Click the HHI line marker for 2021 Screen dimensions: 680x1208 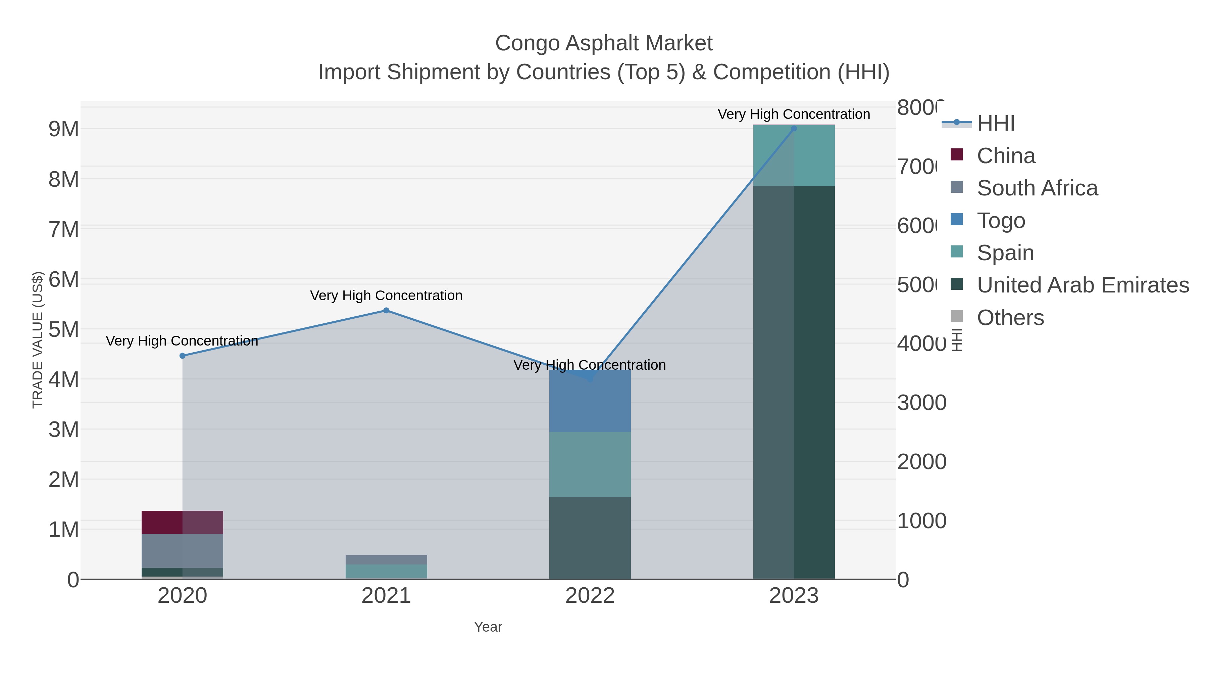click(386, 311)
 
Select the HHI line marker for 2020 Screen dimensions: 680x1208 click(183, 356)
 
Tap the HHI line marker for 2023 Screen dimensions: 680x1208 click(794, 129)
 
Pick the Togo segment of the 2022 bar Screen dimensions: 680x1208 click(590, 402)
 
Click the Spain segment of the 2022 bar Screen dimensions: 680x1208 click(590, 465)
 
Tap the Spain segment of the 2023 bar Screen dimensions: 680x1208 click(794, 156)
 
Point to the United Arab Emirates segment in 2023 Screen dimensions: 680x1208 click(794, 382)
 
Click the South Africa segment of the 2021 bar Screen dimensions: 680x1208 click(386, 560)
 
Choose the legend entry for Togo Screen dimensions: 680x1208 click(1001, 221)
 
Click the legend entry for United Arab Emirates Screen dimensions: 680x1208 click(1082, 285)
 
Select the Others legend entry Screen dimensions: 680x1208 click(1010, 318)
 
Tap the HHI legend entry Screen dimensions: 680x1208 click(996, 124)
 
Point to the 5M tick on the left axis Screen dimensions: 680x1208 click(64, 330)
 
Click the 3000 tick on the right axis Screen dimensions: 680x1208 click(921, 403)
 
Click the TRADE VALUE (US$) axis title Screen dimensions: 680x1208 click(38, 340)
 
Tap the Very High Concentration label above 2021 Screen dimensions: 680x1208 click(386, 296)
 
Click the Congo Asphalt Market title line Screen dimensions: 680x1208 click(604, 43)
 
